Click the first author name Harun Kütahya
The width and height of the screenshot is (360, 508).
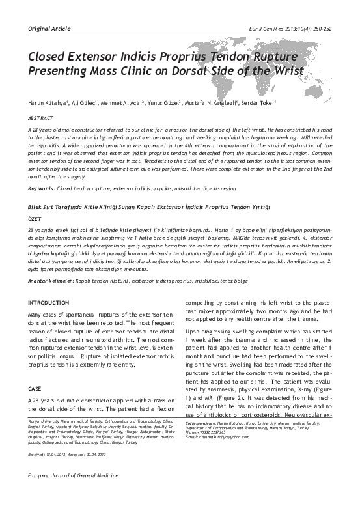[x=48, y=102]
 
